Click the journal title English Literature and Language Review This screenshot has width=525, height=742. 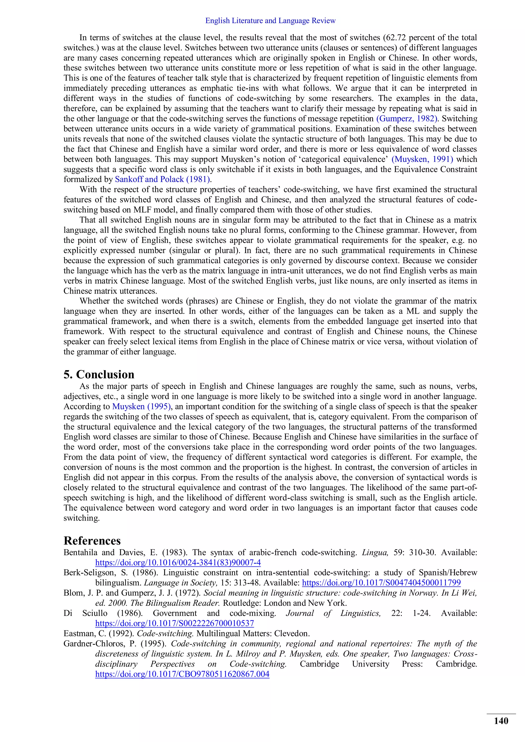pos(270,21)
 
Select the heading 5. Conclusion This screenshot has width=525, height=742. pos(99,374)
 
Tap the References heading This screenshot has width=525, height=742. pos(92,541)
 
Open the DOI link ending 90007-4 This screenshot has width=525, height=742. pos(178,563)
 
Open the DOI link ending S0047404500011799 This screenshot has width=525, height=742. pos(381,583)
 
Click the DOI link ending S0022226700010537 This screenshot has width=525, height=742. pos(175,623)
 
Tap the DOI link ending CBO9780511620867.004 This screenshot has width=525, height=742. pos(182,674)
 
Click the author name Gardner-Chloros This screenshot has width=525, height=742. pos(96,644)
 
